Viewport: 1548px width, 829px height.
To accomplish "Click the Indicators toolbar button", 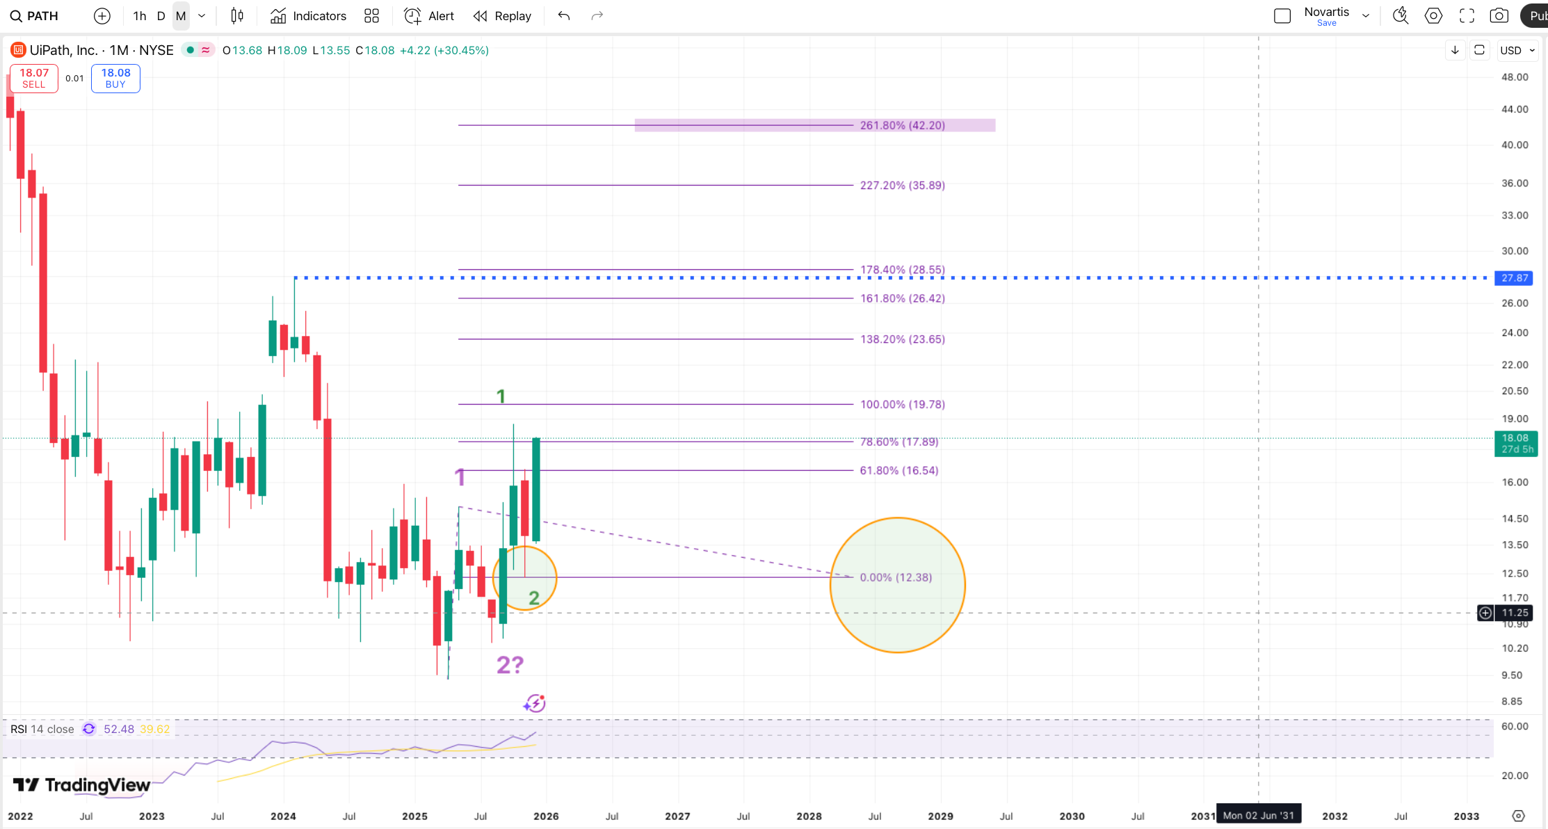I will point(308,16).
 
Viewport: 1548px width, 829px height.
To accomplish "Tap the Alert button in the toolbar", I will point(429,16).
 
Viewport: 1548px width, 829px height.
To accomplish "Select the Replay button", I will point(502,16).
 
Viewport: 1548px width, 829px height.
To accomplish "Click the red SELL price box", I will point(33,78).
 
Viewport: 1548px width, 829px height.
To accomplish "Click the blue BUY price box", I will point(115,78).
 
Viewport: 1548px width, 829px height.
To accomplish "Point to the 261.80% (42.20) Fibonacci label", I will point(902,125).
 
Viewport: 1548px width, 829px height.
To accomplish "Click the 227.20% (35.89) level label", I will point(902,185).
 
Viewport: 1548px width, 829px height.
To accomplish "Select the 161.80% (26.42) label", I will point(902,298).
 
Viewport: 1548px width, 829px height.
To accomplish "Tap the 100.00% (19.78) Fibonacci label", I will point(902,404).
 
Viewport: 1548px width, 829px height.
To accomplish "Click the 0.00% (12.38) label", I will point(896,577).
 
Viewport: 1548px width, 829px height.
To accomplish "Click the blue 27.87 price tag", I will point(1514,278).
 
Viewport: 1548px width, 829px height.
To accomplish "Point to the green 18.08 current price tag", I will point(1515,443).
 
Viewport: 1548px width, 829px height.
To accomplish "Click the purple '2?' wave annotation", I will point(510,665).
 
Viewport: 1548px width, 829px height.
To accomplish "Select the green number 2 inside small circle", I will point(533,597).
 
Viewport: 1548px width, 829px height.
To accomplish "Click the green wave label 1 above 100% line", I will point(501,396).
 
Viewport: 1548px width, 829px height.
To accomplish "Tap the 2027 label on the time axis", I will point(677,816).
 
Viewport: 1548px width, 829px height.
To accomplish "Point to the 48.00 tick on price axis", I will point(1515,77).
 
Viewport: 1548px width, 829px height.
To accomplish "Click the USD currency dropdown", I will point(1517,50).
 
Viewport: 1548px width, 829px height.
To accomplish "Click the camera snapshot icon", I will point(1499,16).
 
